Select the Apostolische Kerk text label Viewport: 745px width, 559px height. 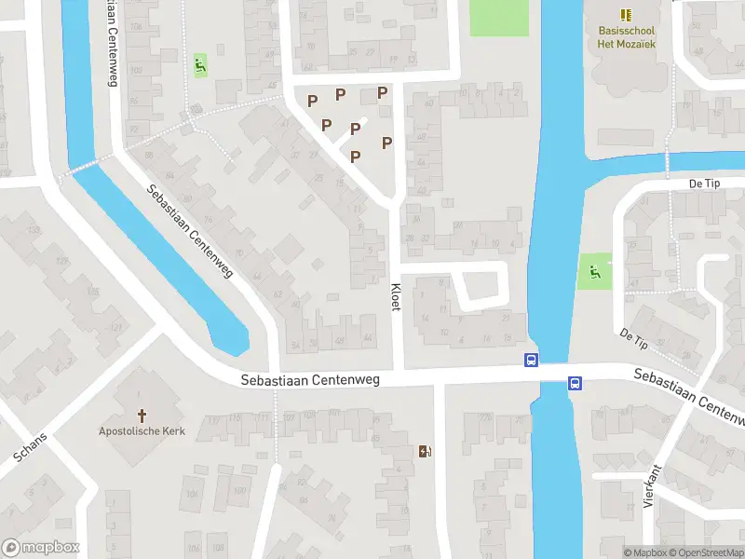(142, 430)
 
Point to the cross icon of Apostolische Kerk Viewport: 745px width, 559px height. (142, 415)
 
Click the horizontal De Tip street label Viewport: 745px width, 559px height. (707, 184)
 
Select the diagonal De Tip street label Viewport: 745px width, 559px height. (633, 337)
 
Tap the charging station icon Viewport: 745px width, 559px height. (426, 452)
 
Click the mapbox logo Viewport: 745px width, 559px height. (40, 548)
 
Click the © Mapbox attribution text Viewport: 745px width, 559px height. (645, 552)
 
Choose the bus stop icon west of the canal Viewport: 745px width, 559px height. (530, 361)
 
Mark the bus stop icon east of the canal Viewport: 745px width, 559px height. (575, 382)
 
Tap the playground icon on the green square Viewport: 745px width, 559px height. (595, 272)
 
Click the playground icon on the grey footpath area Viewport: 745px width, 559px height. (200, 64)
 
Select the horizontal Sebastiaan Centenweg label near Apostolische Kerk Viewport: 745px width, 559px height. (310, 380)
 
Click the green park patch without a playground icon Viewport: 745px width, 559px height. (498, 18)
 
